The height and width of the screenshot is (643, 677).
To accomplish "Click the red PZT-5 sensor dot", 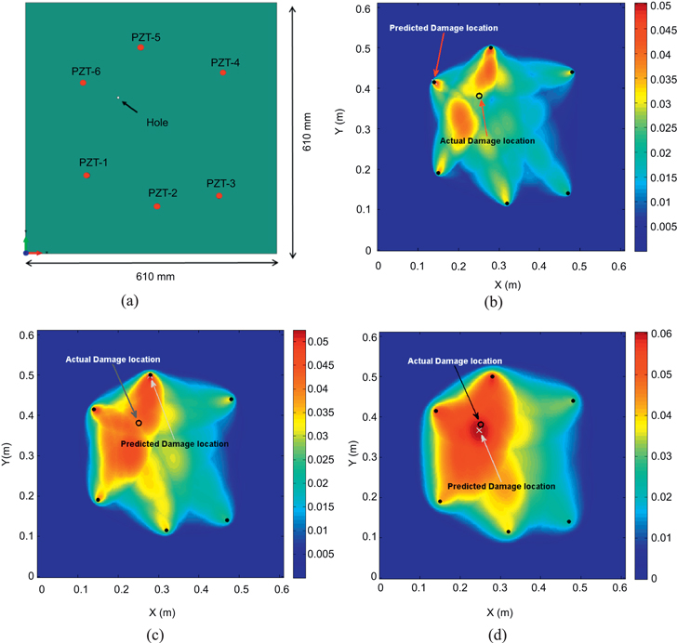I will (x=140, y=46).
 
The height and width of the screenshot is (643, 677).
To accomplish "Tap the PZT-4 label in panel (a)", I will (x=225, y=62).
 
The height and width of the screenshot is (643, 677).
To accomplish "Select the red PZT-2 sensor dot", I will (x=157, y=206).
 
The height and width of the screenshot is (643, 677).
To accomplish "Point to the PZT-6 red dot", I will (x=83, y=83).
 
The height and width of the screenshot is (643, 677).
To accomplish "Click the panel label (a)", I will (x=128, y=301).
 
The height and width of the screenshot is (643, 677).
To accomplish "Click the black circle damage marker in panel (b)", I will (x=479, y=96).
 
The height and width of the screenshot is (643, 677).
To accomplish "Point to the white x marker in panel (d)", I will (x=480, y=430).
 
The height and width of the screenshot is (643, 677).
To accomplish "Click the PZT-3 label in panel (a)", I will (x=221, y=183).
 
